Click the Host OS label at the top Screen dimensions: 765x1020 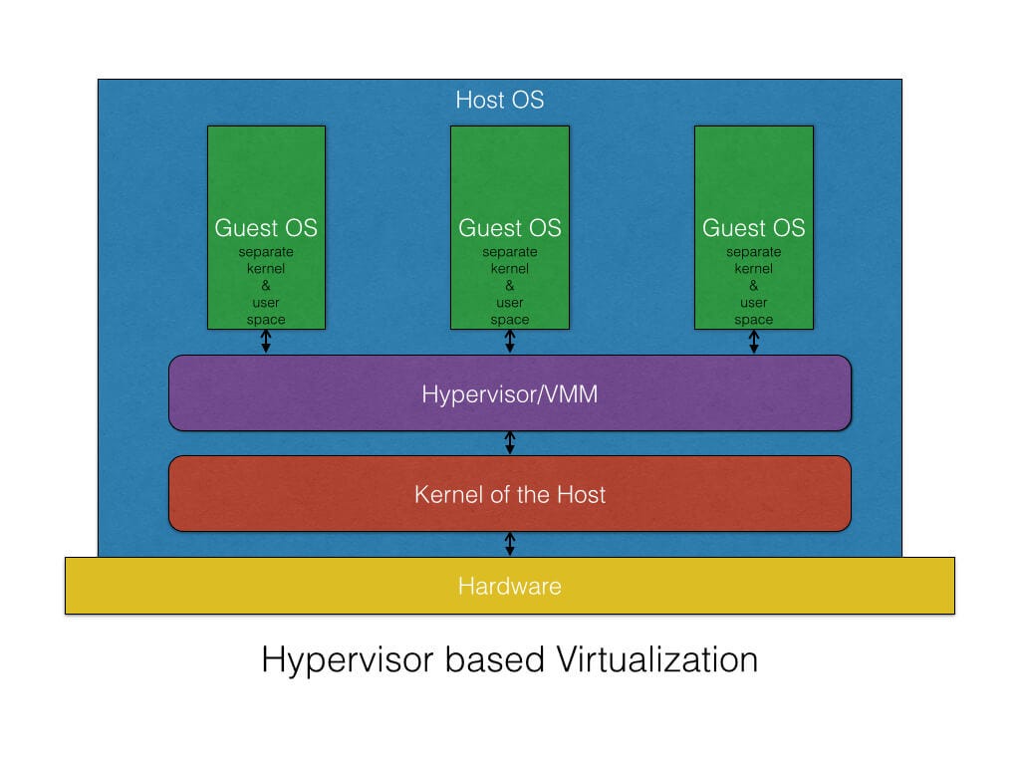click(x=499, y=100)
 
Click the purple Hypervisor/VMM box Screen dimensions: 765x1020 click(x=510, y=393)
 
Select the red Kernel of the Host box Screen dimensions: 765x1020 click(x=510, y=494)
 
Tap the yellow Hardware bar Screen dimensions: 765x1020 click(x=510, y=586)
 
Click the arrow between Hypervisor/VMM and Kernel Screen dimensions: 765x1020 click(x=510, y=443)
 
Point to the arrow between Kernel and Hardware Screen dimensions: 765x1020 click(x=510, y=544)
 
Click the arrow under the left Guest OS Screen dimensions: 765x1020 click(x=266, y=342)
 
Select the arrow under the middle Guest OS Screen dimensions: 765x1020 click(x=510, y=342)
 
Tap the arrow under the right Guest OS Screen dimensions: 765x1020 click(x=754, y=342)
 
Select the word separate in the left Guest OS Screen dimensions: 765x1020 click(x=266, y=252)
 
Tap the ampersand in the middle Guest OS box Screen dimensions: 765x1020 click(x=510, y=286)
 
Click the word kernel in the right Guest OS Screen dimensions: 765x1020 click(x=754, y=269)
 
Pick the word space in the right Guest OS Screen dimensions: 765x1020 click(x=754, y=320)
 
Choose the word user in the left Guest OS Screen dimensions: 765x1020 click(x=266, y=303)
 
